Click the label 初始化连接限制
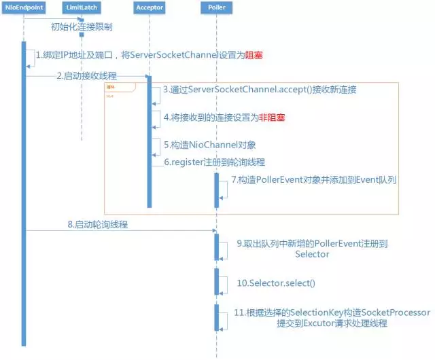click(82, 28)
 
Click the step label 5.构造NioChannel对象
click(209, 145)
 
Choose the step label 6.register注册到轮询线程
click(214, 162)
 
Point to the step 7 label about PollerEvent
click(313, 180)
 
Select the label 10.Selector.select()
click(268, 281)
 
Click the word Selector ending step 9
click(312, 254)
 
